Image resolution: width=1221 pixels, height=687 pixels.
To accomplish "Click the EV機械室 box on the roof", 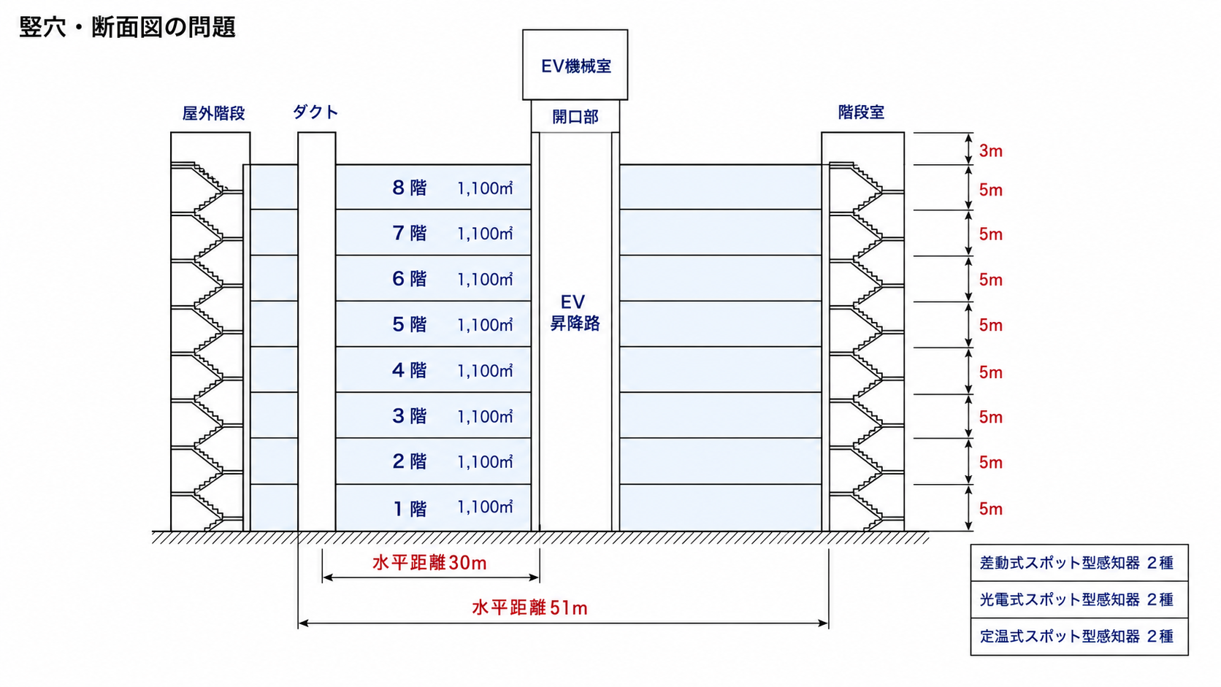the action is (x=575, y=65).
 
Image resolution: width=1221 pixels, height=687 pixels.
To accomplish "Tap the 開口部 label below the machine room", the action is (x=575, y=117).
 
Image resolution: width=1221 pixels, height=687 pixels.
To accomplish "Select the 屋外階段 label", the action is (x=213, y=113).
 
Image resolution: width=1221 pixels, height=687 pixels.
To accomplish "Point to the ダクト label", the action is (x=315, y=112).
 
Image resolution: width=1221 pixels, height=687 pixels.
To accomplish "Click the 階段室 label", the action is (x=861, y=112).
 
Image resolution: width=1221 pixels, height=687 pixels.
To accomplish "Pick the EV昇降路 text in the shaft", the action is (x=575, y=312).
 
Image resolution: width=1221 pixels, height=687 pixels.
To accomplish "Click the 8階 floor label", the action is (x=410, y=188).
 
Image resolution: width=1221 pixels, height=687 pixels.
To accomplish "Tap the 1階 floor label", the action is (x=410, y=508).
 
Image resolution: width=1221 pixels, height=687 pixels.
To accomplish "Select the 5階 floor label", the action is (x=410, y=325).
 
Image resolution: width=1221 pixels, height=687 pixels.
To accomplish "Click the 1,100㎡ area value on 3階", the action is (x=485, y=416).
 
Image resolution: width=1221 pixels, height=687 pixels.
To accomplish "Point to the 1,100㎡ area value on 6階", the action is (x=485, y=279).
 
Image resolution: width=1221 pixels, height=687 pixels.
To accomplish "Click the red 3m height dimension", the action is (x=990, y=151).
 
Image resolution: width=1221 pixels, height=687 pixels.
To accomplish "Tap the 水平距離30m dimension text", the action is (x=429, y=563).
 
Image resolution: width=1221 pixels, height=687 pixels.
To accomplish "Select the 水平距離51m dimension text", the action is (x=530, y=608).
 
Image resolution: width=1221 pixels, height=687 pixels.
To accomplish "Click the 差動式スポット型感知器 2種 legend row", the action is (x=1079, y=563).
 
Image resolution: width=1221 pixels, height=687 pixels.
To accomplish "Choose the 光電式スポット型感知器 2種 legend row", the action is (x=1079, y=600).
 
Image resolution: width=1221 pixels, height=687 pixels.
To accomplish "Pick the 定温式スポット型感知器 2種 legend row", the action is (x=1079, y=637).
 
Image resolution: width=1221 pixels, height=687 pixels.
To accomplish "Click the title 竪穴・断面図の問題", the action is (x=128, y=27).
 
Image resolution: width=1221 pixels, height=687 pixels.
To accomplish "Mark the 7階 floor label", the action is (x=410, y=233).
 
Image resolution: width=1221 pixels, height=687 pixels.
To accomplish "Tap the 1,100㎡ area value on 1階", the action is (x=485, y=507).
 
